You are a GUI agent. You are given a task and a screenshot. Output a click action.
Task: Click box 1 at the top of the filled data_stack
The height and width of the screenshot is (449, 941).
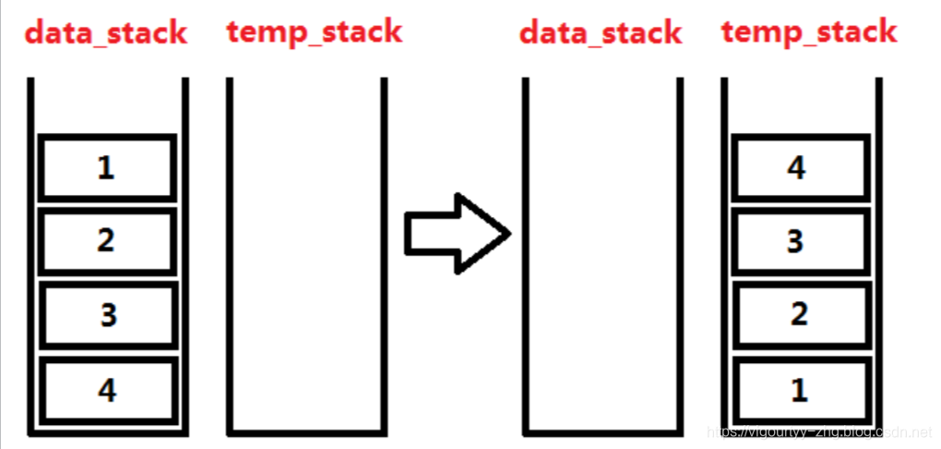tap(107, 167)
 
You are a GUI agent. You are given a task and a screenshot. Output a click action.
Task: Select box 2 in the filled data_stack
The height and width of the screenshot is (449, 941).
tap(107, 241)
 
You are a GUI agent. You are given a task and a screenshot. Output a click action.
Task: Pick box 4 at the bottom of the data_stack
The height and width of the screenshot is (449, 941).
tap(107, 390)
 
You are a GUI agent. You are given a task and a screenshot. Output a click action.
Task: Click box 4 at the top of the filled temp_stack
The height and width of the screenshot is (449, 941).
tap(799, 167)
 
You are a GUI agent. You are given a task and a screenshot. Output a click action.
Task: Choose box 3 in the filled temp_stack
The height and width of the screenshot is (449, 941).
tap(799, 241)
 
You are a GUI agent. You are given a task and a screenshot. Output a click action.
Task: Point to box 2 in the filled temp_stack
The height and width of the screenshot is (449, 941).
tap(799, 314)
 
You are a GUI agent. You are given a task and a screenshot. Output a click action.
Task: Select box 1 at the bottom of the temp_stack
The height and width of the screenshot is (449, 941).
tap(799, 389)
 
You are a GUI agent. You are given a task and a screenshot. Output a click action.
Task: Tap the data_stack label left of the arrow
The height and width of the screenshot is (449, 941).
tap(106, 33)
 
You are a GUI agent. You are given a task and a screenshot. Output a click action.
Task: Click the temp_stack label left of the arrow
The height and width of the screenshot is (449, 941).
tap(315, 31)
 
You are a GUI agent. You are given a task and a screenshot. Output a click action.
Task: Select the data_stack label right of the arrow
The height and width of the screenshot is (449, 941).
tap(601, 33)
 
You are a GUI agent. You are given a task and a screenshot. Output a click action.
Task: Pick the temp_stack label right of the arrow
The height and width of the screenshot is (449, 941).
tap(809, 31)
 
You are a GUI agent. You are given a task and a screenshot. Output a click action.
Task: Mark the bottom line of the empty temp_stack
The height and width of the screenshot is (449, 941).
tap(305, 431)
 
